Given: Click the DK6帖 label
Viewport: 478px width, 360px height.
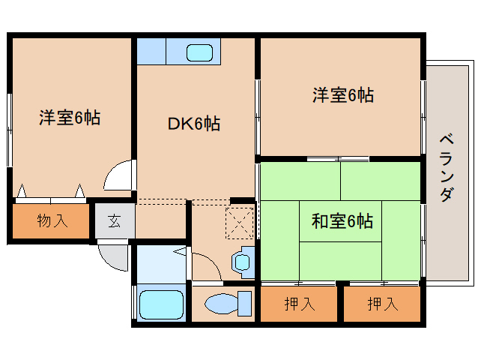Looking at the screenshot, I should pos(193,124).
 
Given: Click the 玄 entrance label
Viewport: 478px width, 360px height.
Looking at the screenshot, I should pos(115,221).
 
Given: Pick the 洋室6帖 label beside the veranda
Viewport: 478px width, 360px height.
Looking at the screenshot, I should pos(342,95).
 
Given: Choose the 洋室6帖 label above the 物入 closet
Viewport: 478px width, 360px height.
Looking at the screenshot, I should pos(70,118).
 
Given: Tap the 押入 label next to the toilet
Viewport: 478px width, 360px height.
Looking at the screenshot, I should pos(299,304).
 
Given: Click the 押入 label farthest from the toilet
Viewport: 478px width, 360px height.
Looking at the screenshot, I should pos(383,304).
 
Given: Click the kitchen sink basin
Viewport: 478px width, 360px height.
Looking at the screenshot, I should pos(200,53).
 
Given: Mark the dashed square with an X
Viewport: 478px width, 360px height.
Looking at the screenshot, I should pos(240,222).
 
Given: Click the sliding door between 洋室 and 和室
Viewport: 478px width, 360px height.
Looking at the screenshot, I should pos(339,158).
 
